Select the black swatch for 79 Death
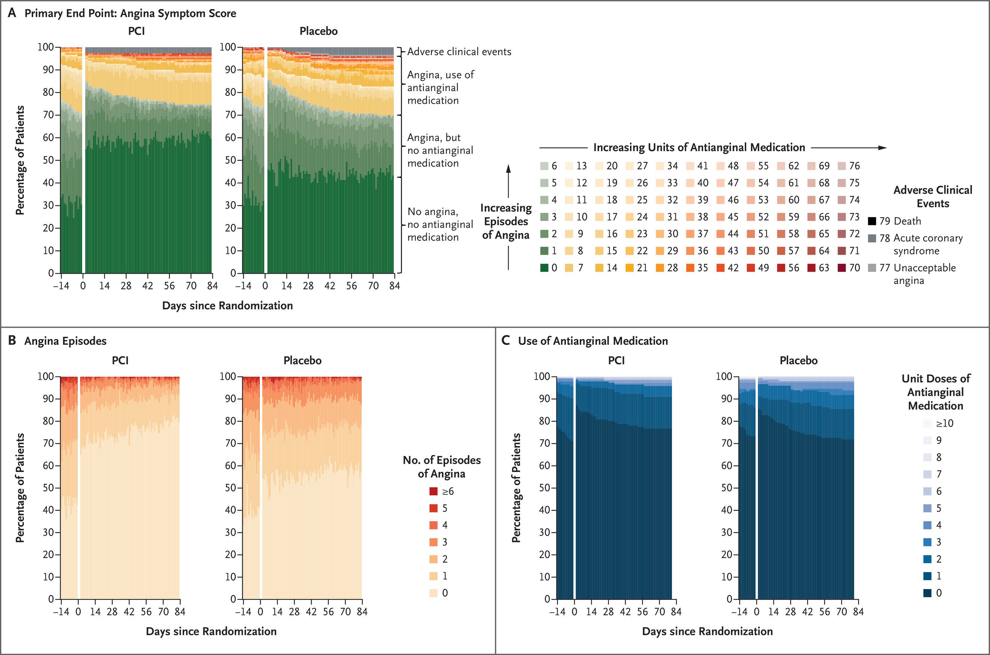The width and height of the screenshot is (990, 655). (872, 221)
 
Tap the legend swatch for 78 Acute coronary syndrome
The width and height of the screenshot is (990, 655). (872, 238)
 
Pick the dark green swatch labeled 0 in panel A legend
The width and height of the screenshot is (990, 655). (544, 268)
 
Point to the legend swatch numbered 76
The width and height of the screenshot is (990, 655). (842, 166)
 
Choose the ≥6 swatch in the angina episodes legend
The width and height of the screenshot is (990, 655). (433, 491)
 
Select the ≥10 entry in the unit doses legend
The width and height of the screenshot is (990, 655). (927, 423)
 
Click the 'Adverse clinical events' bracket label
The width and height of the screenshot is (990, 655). (459, 51)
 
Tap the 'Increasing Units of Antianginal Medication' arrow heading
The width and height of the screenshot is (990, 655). (699, 147)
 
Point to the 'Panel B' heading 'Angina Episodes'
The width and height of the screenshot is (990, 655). (65, 341)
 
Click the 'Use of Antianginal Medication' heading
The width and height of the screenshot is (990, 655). (593, 341)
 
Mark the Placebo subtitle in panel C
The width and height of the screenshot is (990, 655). (798, 360)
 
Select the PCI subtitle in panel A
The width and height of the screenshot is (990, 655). (136, 31)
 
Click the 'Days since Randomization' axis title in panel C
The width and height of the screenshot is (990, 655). (707, 631)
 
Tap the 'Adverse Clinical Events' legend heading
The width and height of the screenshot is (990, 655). (932, 197)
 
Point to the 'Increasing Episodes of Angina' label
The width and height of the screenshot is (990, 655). (505, 222)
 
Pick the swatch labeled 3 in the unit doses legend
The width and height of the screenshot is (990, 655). (927, 542)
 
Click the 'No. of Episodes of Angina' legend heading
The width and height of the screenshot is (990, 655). (441, 467)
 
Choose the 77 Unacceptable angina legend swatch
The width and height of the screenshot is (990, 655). (872, 268)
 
